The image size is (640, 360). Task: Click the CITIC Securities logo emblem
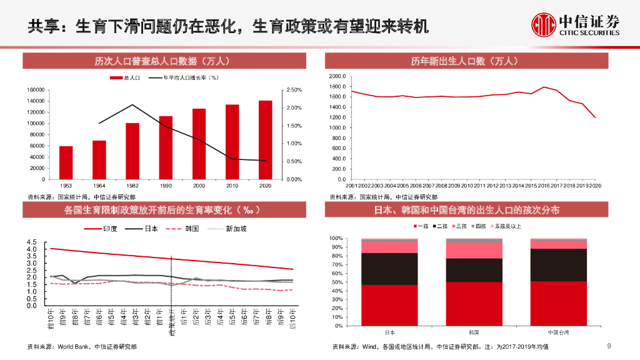point(544,25)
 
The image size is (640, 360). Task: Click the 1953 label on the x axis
point(66,186)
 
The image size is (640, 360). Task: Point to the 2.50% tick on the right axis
point(294,90)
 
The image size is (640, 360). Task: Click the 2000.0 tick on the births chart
point(337,76)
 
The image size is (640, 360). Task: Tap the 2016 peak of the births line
point(544,87)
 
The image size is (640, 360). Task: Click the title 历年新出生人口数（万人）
point(464,61)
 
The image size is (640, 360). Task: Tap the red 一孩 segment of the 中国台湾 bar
point(558,303)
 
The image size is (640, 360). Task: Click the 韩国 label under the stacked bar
point(474,332)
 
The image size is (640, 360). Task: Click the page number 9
point(609,347)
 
